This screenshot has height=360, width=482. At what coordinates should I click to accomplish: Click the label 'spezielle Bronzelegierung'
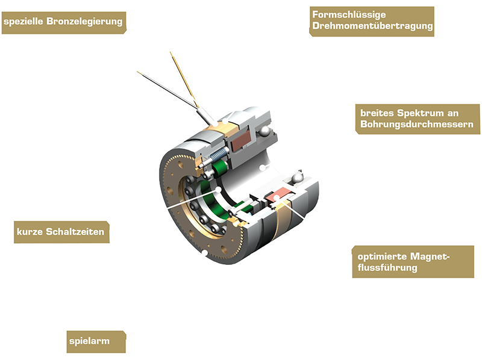(x=63, y=23)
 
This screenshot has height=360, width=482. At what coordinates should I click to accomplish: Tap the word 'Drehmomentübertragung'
(x=372, y=26)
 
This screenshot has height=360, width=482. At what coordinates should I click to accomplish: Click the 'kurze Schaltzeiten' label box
(x=60, y=232)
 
